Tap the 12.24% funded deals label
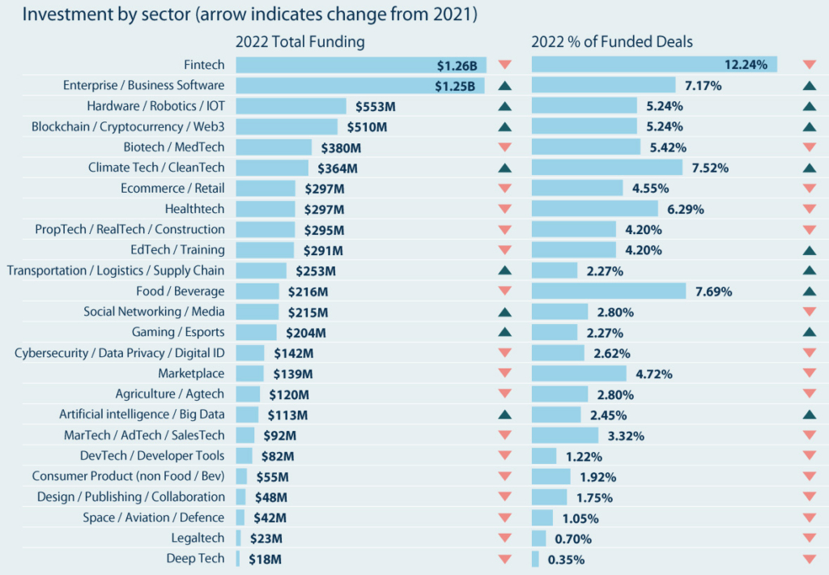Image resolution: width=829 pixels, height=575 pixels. tap(745, 65)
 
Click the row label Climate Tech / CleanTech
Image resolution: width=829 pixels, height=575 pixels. tap(156, 168)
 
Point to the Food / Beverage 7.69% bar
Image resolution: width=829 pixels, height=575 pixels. tap(608, 291)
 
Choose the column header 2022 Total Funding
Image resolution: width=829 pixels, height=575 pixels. tap(300, 42)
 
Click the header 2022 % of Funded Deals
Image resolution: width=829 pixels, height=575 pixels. tap(611, 42)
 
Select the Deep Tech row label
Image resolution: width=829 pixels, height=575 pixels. tap(195, 558)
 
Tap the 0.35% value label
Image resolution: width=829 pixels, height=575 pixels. tap(566, 559)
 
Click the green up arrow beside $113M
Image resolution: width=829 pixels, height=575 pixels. tap(504, 415)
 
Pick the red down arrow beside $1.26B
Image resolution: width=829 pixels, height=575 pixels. tap(504, 65)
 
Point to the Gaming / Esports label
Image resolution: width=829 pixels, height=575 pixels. tap(178, 332)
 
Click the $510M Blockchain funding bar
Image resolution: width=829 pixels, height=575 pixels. tap(287, 126)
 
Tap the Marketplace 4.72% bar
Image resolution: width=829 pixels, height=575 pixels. tap(579, 373)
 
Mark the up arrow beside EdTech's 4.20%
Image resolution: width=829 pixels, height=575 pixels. tap(809, 249)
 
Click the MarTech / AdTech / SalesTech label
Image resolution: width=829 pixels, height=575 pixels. tap(144, 435)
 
